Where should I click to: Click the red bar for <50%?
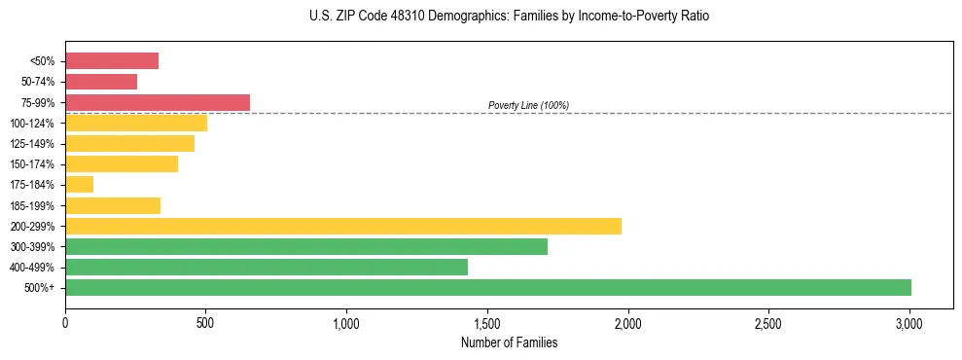click(112, 61)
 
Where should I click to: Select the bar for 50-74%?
click(101, 82)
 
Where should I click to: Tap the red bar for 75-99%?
click(158, 102)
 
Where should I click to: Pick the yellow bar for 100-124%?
click(136, 123)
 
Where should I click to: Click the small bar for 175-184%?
click(80, 184)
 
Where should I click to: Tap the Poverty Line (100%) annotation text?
click(528, 105)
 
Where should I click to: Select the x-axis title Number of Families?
click(510, 342)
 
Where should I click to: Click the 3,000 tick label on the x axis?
click(909, 322)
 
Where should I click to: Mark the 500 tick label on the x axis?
click(206, 322)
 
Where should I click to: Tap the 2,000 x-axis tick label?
click(628, 322)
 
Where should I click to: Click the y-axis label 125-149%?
click(32, 144)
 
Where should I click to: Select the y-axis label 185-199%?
click(32, 205)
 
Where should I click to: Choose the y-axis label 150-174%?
click(32, 164)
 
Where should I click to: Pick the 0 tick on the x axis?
click(65, 322)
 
